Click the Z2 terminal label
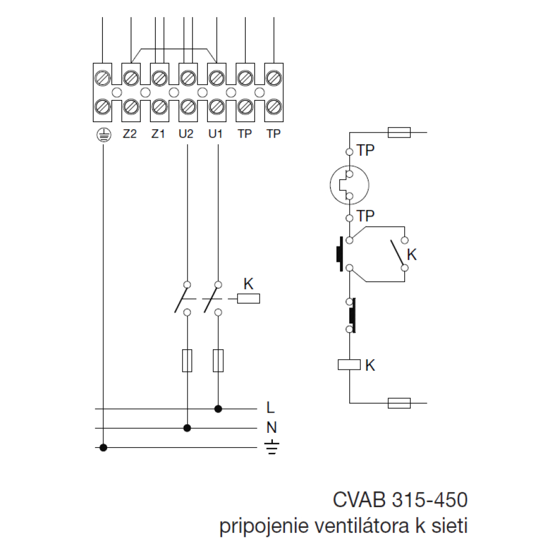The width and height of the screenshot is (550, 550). coord(130,134)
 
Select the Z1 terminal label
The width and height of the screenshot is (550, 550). coord(158,134)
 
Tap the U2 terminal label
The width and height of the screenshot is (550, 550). coord(187,134)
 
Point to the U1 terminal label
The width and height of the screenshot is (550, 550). coord(216,134)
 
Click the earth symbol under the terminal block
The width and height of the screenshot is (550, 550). coord(102,134)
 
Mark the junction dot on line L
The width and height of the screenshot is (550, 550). coord(218,409)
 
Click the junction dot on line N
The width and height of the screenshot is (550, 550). coord(188,427)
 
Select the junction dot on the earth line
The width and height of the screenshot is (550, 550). coord(103,448)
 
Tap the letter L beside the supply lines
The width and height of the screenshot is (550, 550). coord(270,408)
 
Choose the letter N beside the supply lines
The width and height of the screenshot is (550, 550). coord(271,427)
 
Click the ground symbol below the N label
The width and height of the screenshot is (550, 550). coord(271,448)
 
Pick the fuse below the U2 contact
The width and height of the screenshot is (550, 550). coord(188,360)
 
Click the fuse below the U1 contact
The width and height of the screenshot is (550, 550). coord(218,360)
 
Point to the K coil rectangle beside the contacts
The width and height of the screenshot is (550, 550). coord(248,299)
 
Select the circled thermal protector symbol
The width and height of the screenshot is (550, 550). coord(349,184)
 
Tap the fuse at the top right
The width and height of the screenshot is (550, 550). coord(399,133)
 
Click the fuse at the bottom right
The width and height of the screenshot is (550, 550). coord(399,404)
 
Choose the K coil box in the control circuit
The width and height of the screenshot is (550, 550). coord(349,364)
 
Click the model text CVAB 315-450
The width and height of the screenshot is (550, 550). coord(400,501)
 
